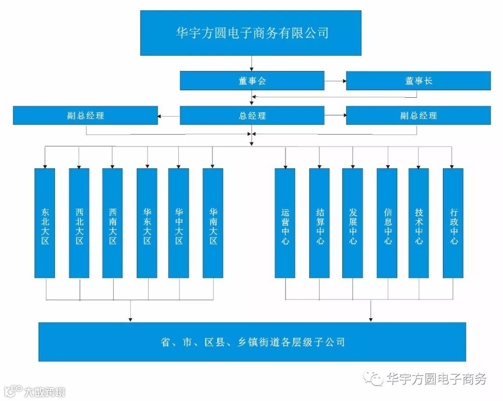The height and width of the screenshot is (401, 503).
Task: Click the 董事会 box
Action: pos(252,80)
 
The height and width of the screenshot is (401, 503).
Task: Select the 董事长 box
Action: pos(418,80)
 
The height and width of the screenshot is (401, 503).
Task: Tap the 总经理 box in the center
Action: pos(252,115)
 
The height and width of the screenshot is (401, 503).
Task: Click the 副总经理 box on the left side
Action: pos(85,115)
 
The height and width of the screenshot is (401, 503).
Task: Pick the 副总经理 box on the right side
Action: pos(418,115)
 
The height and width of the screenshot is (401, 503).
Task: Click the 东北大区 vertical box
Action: pos(45,223)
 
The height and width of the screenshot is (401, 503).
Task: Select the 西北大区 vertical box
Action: pos(79,223)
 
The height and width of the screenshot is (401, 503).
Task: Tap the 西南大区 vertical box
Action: pos(113,223)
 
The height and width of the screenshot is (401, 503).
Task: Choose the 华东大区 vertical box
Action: pos(147,223)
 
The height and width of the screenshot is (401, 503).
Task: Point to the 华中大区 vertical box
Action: pos(179,223)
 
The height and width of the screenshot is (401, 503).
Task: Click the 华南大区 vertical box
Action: pos(213,223)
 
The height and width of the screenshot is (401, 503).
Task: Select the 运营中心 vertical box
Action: pos(285,223)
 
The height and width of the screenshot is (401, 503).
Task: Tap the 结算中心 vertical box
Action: pos(319,223)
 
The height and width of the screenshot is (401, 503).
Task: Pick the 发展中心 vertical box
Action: pos(353,223)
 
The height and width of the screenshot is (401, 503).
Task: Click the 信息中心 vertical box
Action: pos(387,223)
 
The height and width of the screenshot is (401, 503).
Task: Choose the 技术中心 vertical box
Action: pos(419,223)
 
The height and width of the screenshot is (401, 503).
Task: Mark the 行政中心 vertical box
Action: pos(453,223)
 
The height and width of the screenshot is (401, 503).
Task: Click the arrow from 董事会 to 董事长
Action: pos(335,80)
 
